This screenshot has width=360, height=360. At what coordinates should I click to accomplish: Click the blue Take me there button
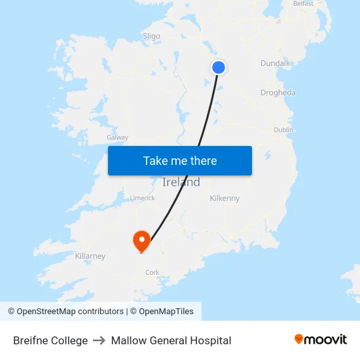click(180, 161)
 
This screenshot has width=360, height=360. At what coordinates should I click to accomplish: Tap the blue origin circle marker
click(219, 67)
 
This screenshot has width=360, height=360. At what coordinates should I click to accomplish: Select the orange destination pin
click(141, 240)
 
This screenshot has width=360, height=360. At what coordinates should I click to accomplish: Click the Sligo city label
click(151, 36)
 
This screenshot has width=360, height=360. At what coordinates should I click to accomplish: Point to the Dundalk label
click(276, 63)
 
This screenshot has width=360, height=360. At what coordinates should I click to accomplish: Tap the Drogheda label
click(278, 92)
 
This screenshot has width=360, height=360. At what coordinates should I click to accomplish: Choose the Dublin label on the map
click(283, 130)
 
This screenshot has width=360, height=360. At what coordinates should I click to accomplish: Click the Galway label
click(118, 137)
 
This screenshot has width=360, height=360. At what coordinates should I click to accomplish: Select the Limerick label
click(142, 198)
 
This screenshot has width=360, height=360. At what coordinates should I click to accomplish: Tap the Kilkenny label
click(225, 198)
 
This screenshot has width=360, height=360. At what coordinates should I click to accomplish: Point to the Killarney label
click(90, 256)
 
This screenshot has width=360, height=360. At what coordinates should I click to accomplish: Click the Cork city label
click(153, 272)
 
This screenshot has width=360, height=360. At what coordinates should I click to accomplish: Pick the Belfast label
click(304, 4)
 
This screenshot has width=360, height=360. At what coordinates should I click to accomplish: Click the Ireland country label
click(181, 183)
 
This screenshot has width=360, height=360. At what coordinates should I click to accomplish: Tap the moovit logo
click(321, 340)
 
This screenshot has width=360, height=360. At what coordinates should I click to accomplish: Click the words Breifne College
click(50, 340)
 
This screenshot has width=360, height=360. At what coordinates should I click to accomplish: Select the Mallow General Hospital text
click(171, 340)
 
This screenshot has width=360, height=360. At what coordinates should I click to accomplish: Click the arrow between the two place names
click(99, 340)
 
